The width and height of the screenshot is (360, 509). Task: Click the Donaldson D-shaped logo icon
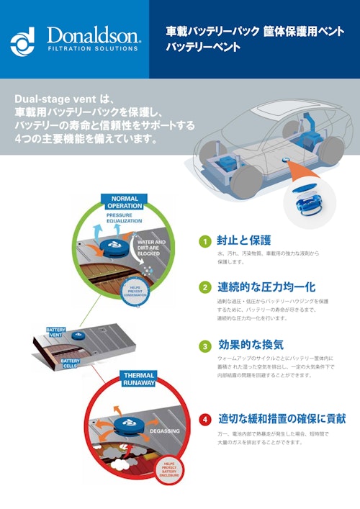(22, 42)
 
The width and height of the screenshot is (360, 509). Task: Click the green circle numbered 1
(204, 241)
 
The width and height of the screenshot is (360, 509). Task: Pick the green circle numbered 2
(204, 287)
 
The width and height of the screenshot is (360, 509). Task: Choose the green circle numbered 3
(204, 345)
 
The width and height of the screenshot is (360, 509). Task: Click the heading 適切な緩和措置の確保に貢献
(282, 418)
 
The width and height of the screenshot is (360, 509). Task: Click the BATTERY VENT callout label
(56, 332)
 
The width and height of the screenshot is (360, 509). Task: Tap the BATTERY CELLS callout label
(70, 364)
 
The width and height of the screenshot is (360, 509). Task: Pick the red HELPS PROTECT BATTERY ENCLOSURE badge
(169, 471)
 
